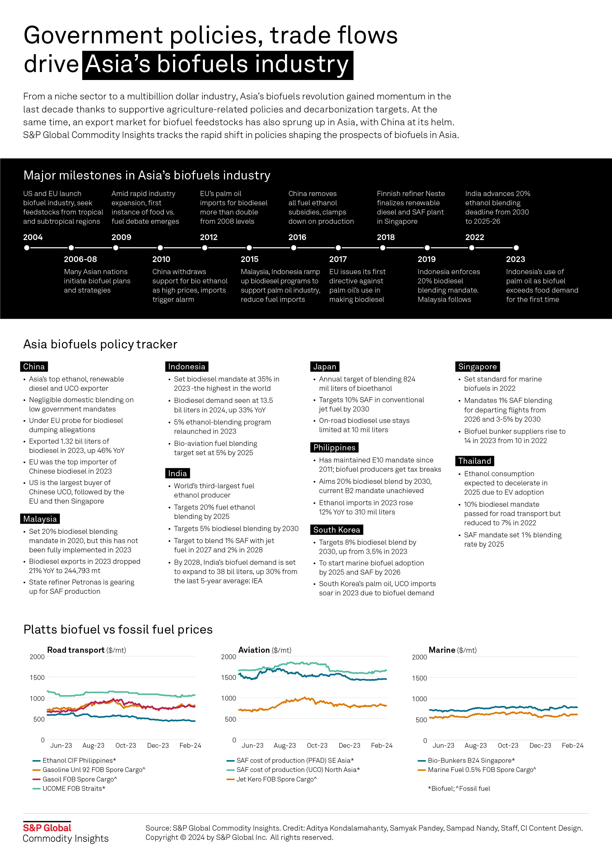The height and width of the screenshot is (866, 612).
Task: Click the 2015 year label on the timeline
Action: (x=249, y=259)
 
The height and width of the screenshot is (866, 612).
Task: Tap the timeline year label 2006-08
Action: (x=80, y=259)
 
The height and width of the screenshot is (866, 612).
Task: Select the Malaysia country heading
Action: (x=40, y=519)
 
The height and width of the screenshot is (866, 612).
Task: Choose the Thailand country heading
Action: (x=474, y=461)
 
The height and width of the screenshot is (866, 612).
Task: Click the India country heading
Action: (x=177, y=473)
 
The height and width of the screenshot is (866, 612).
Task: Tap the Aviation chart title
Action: (x=254, y=650)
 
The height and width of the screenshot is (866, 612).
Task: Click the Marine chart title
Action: (x=442, y=650)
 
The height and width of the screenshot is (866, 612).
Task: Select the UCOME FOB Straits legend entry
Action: (x=74, y=788)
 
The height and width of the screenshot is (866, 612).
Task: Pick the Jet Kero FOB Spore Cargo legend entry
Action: (x=276, y=779)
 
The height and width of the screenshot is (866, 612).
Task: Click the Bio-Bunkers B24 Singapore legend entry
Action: (x=471, y=760)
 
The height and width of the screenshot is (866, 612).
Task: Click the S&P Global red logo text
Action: (x=47, y=828)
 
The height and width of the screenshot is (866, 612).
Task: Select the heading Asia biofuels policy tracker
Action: (x=100, y=344)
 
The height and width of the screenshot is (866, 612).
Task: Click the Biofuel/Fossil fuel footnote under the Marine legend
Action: (x=459, y=788)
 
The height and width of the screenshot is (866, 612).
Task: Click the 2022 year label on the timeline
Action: (x=474, y=237)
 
